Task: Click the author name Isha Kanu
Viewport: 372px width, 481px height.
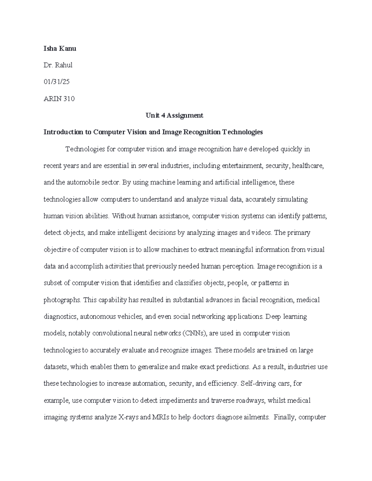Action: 60,48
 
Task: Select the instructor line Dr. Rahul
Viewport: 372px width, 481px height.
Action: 58,65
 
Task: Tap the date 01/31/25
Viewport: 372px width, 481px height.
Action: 57,82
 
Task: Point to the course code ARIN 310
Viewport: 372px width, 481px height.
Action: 59,99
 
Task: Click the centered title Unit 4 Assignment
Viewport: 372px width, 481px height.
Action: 175,116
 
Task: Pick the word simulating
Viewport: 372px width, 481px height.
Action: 293,199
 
